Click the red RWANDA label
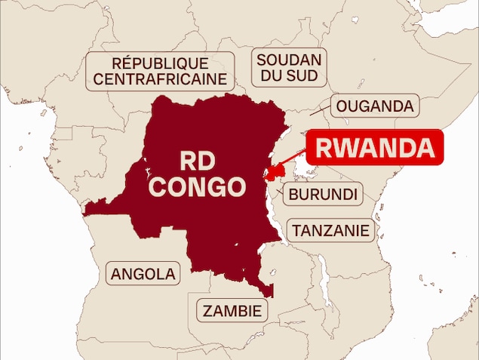(372, 148)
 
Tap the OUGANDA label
(375, 106)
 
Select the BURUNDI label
(322, 194)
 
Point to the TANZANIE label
(332, 230)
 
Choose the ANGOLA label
(143, 274)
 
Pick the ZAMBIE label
(233, 310)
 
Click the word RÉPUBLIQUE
(160, 63)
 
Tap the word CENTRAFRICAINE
(160, 78)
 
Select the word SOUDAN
(289, 60)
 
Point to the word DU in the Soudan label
(272, 75)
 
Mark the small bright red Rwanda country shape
(272, 173)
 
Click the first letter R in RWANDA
(324, 148)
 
